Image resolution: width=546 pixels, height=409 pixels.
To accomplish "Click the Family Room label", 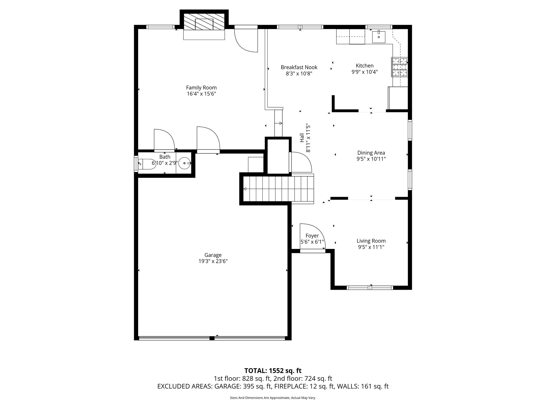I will pos(201,88).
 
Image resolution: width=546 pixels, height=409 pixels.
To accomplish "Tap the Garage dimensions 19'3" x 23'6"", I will pos(213,261).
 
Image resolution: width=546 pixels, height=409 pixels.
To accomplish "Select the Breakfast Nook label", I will pos(299,67).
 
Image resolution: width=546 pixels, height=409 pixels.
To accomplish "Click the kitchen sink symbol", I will pos(379,37).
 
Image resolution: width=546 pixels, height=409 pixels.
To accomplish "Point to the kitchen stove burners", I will pos(399,67).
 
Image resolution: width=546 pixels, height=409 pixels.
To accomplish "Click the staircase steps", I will pos(277,189).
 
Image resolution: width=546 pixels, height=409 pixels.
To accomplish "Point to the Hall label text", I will pos(302,138).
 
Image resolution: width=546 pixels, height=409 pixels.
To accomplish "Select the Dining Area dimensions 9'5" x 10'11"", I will pos(371,159).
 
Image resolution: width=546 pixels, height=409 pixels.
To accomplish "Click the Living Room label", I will pos(371,241).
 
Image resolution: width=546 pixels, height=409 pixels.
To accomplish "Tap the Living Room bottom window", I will pos(370,288).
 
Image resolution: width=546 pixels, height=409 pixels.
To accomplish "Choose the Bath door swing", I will pos(164,140).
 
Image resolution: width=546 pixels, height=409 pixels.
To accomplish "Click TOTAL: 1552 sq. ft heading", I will pos(273,371).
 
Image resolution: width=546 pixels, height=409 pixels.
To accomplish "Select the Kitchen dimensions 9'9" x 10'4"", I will pos(364,72).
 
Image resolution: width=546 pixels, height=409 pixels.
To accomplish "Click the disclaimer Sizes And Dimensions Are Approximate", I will pos(273,398).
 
